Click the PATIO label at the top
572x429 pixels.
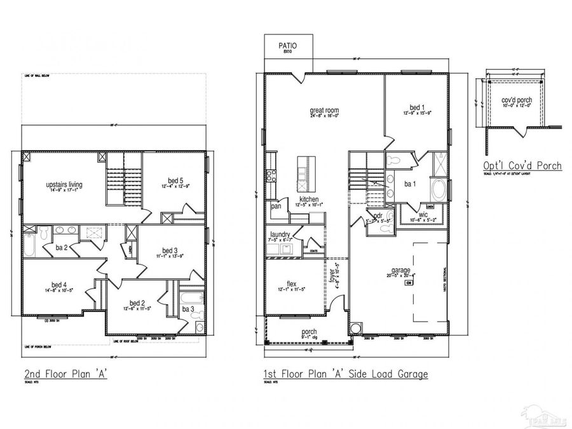pyautogui.click(x=287, y=46)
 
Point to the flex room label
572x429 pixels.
pyautogui.click(x=292, y=284)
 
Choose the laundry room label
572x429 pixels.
pyautogui.click(x=280, y=235)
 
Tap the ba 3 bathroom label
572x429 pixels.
pyautogui.click(x=189, y=309)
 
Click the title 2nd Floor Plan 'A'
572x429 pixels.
pyautogui.click(x=64, y=374)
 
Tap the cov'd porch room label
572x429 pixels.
pyautogui.click(x=516, y=100)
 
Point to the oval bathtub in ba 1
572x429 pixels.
pyautogui.click(x=439, y=188)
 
